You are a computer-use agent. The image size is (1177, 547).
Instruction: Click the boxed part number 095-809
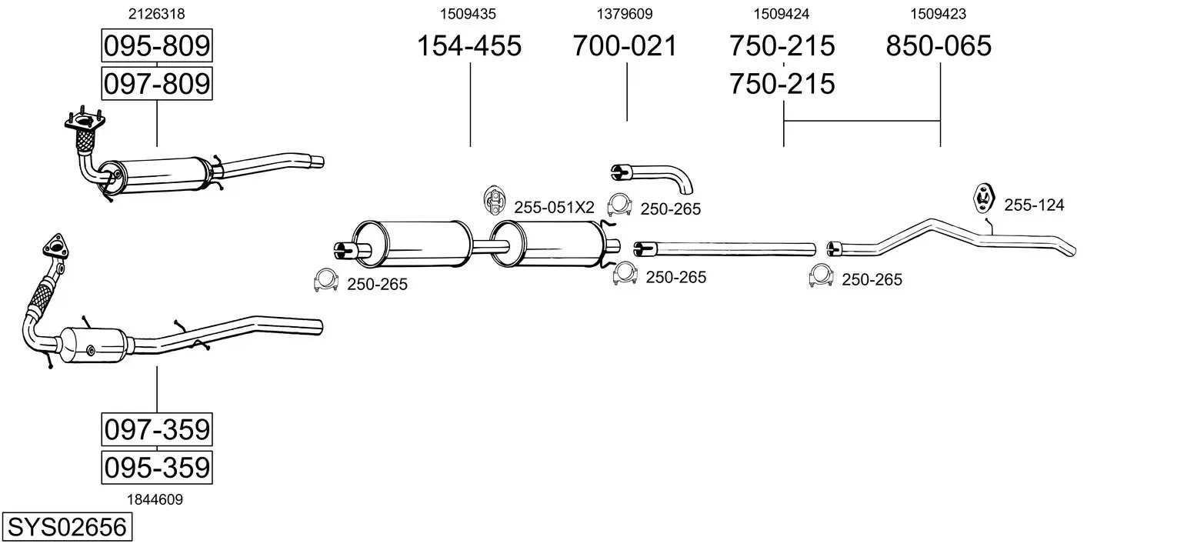point(157,46)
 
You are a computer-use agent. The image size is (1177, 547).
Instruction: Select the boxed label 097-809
point(157,82)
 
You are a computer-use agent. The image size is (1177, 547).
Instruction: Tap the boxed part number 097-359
point(157,429)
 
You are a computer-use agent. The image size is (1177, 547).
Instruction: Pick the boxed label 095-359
point(157,467)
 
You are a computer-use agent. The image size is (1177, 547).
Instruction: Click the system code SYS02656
point(66,528)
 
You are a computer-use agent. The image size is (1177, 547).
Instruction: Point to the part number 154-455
point(469,46)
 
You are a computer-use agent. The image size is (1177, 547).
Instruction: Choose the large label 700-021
point(625,46)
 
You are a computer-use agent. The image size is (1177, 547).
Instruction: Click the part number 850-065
point(939,46)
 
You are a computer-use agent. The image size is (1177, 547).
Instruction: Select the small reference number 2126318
point(157,14)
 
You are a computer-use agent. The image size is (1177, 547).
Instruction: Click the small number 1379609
point(625,14)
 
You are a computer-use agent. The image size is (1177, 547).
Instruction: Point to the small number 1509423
point(939,14)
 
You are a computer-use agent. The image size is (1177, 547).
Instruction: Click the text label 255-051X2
point(554,207)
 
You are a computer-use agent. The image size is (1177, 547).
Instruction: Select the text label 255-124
point(1034,205)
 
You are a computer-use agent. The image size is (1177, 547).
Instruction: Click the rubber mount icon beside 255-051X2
point(494,201)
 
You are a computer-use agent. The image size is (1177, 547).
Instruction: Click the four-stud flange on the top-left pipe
point(84,121)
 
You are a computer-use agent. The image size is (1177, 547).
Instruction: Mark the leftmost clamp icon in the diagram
point(326,281)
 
